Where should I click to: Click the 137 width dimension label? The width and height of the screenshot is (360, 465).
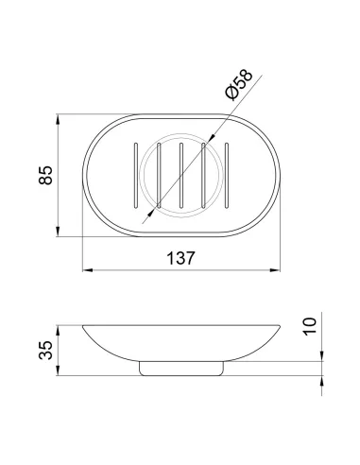(x=180, y=258)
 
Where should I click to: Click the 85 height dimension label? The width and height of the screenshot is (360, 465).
(x=46, y=175)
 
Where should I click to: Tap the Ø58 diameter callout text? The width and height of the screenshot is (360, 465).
(x=239, y=84)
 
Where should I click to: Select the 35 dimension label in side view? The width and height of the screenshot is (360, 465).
(x=46, y=350)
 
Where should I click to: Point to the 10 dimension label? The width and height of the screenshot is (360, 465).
(x=310, y=327)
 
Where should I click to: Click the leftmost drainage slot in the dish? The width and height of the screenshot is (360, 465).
(x=136, y=176)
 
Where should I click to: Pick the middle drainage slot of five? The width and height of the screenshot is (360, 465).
(x=181, y=176)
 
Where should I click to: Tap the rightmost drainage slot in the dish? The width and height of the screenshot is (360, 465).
(x=227, y=176)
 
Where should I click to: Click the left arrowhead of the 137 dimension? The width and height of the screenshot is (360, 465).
(x=87, y=270)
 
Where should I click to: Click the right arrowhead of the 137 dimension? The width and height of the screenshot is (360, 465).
(x=275, y=270)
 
